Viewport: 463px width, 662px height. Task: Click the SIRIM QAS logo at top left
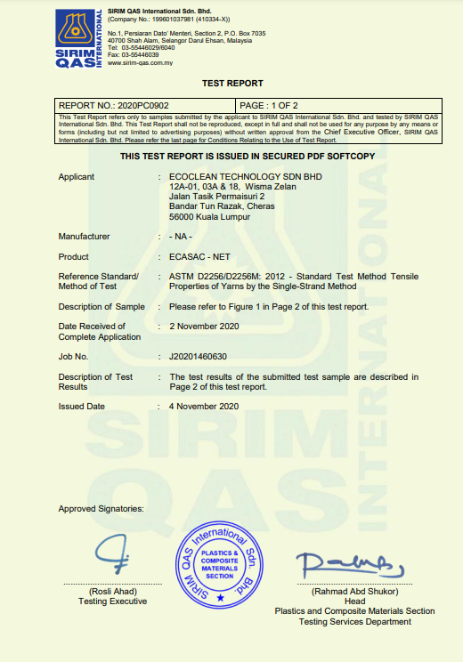80,36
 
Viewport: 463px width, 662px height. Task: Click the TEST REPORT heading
232,83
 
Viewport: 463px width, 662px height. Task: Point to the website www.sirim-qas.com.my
140,63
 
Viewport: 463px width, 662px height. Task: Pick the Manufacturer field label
84,237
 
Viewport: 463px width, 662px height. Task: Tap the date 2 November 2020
204,327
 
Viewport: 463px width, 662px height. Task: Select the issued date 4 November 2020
204,406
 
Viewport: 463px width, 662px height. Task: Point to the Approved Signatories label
101,508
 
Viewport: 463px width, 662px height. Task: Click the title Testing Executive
111,602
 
